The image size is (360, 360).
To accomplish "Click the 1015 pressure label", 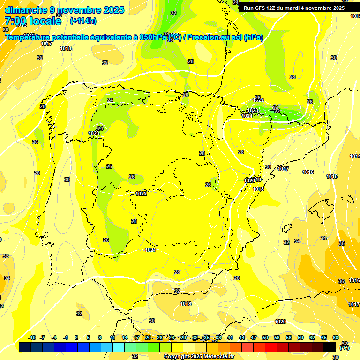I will click(x=332, y=176).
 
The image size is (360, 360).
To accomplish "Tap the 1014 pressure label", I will click(x=355, y=156).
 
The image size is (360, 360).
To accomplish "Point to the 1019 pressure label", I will click(x=257, y=180).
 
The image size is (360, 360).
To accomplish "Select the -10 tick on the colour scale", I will click(x=32, y=337).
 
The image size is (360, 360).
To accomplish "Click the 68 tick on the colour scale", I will click(x=335, y=337).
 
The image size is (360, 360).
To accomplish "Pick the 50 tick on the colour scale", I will click(x=265, y=337).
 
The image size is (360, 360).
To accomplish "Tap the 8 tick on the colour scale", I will click(x=100, y=337).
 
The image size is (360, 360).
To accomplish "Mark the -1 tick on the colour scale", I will click(x=66, y=337).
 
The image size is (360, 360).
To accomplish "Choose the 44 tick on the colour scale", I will click(x=242, y=337).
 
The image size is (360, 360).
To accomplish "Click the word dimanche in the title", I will click(x=25, y=10).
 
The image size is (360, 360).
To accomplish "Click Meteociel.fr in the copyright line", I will click(x=217, y=356).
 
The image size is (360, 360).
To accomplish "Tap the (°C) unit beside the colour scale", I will click(x=345, y=348).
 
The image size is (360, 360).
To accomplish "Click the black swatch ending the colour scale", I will click(x=330, y=347).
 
